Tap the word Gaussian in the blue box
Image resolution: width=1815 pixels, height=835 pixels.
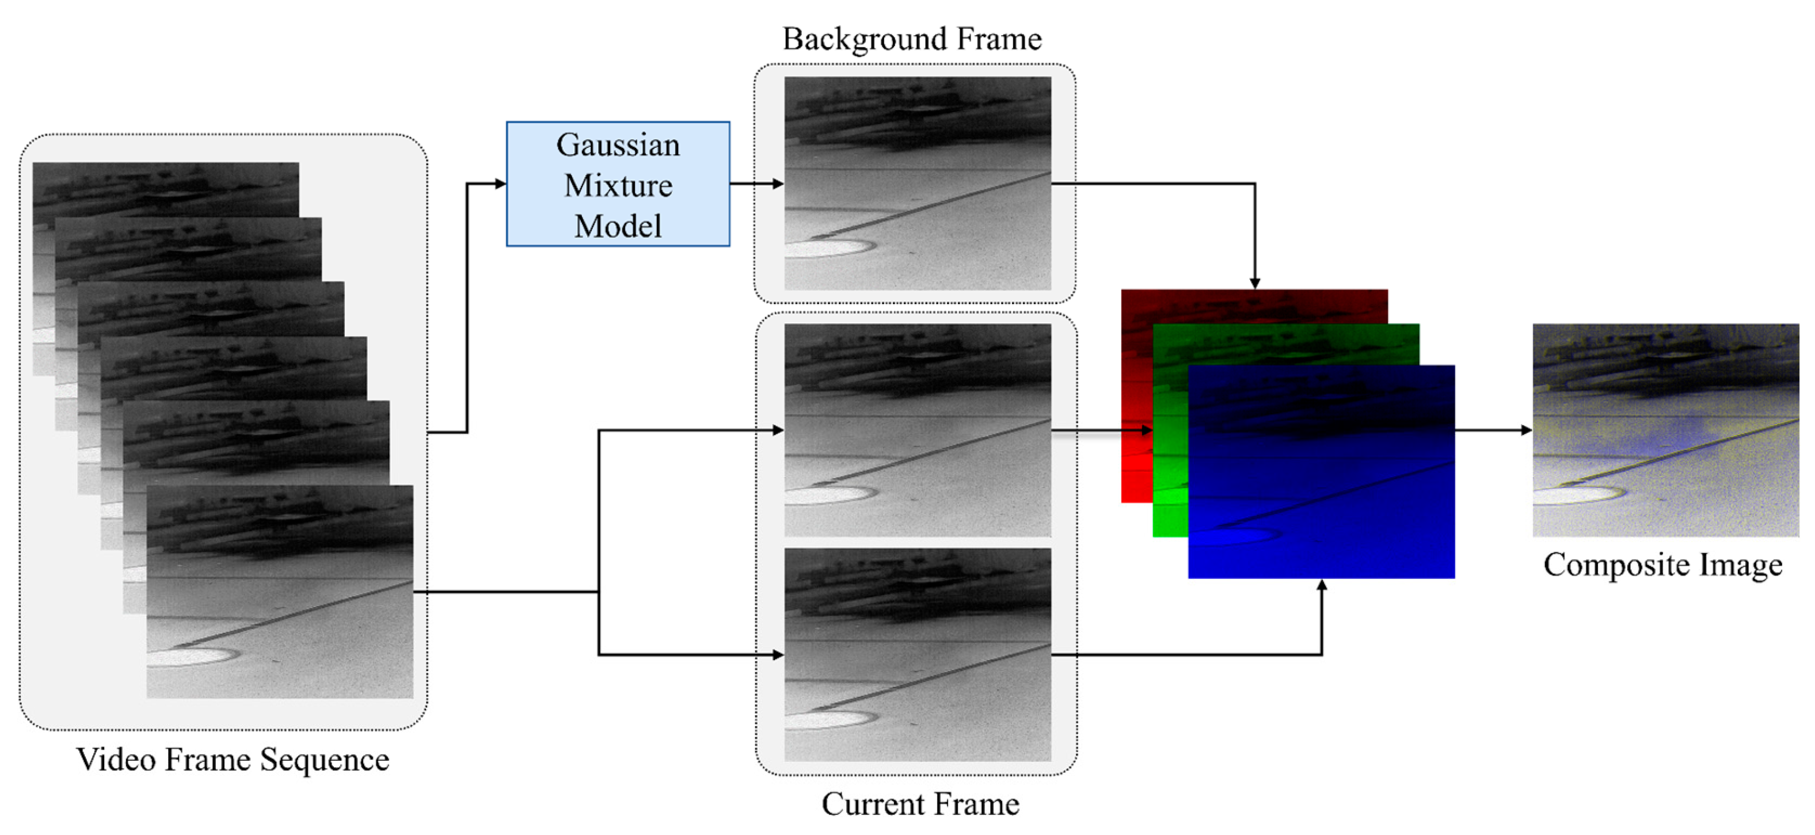coord(618,145)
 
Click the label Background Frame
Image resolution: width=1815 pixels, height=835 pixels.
coord(912,39)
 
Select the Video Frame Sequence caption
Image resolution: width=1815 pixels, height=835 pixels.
coord(233,760)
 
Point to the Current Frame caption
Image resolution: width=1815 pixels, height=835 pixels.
coord(919,804)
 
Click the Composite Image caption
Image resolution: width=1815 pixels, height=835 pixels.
coord(1663,565)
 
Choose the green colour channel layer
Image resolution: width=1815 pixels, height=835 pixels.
coord(1170,493)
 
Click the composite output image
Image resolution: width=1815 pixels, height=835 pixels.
coord(1666,430)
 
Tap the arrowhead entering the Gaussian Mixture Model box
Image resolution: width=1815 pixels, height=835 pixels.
coord(500,184)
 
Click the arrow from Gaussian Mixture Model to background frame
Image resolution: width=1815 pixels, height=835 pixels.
coord(757,184)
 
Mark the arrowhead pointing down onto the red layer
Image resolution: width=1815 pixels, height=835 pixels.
coord(1255,283)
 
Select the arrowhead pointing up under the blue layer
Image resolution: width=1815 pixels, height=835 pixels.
coord(1322,585)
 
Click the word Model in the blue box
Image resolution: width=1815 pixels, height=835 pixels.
coord(618,226)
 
